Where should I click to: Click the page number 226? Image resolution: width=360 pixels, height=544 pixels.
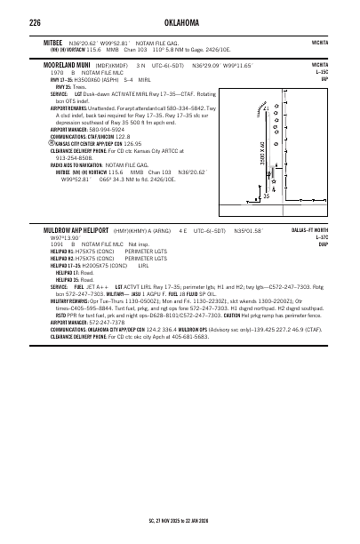[x=36, y=22]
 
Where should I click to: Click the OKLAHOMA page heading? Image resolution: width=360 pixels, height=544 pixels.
[x=179, y=22]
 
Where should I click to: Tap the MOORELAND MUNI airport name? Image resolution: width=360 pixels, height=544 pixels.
[x=70, y=65]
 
